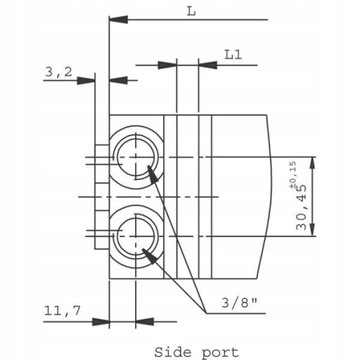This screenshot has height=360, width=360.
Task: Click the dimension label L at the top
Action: pos(191,11)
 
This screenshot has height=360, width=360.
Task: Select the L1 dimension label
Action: pos(233,54)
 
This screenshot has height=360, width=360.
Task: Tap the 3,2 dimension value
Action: pos(58,72)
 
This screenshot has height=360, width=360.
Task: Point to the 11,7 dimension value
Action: pos(62,311)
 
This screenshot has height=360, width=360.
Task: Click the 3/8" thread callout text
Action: pos(240,303)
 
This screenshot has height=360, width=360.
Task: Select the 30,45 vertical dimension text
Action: pos(301,207)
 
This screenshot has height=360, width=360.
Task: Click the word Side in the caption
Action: pos(172,352)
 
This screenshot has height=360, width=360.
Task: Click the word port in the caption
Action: pos(220,353)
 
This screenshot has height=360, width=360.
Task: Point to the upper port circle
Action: pos(136,138)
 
